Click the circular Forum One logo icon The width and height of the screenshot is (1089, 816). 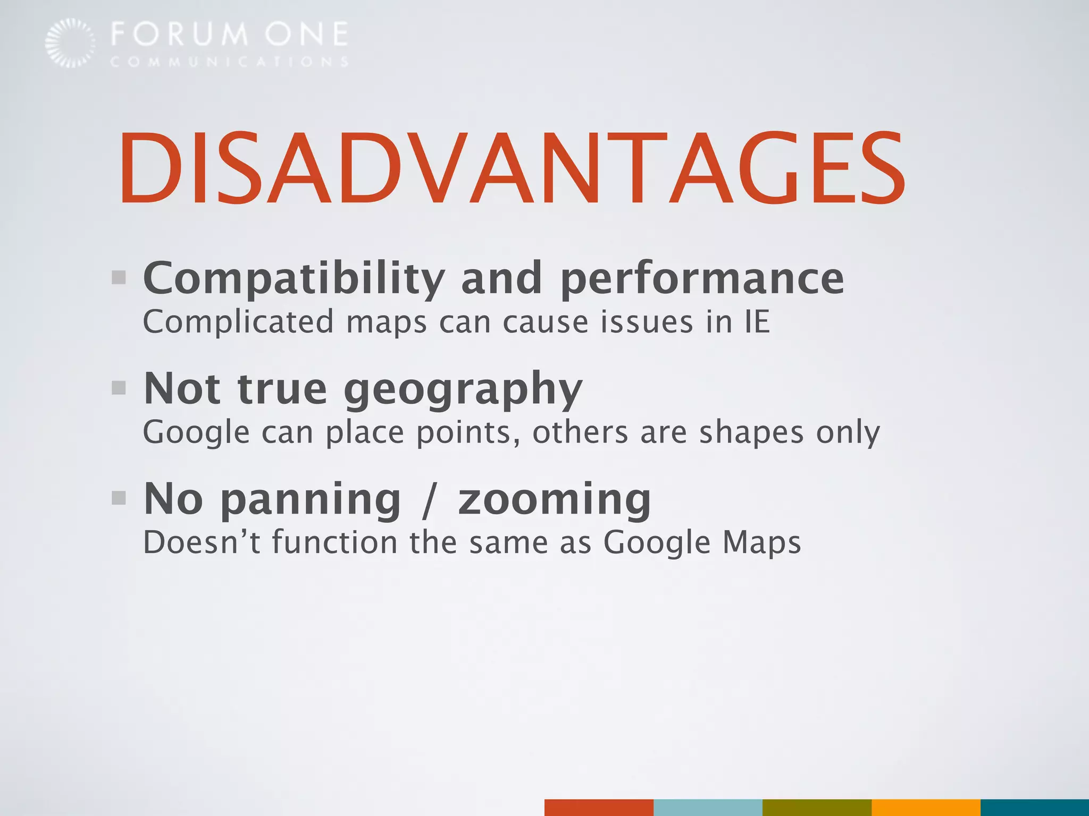[70, 43]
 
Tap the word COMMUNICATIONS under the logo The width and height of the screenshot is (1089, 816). [229, 62]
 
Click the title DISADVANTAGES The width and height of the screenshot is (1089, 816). [512, 168]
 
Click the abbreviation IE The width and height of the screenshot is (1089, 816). [757, 322]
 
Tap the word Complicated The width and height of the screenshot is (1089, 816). [238, 322]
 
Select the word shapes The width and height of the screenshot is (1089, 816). [751, 432]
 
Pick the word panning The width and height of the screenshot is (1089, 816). [311, 500]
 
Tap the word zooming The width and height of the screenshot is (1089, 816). [554, 500]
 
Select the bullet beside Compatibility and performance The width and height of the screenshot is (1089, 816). [119, 277]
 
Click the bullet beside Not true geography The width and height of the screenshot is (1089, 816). [119, 388]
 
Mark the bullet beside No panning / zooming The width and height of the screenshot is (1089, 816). [119, 498]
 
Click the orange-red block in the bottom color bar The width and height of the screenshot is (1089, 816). [599, 807]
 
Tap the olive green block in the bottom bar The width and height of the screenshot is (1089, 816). [817, 807]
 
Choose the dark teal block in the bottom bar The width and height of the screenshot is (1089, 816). [1034, 807]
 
